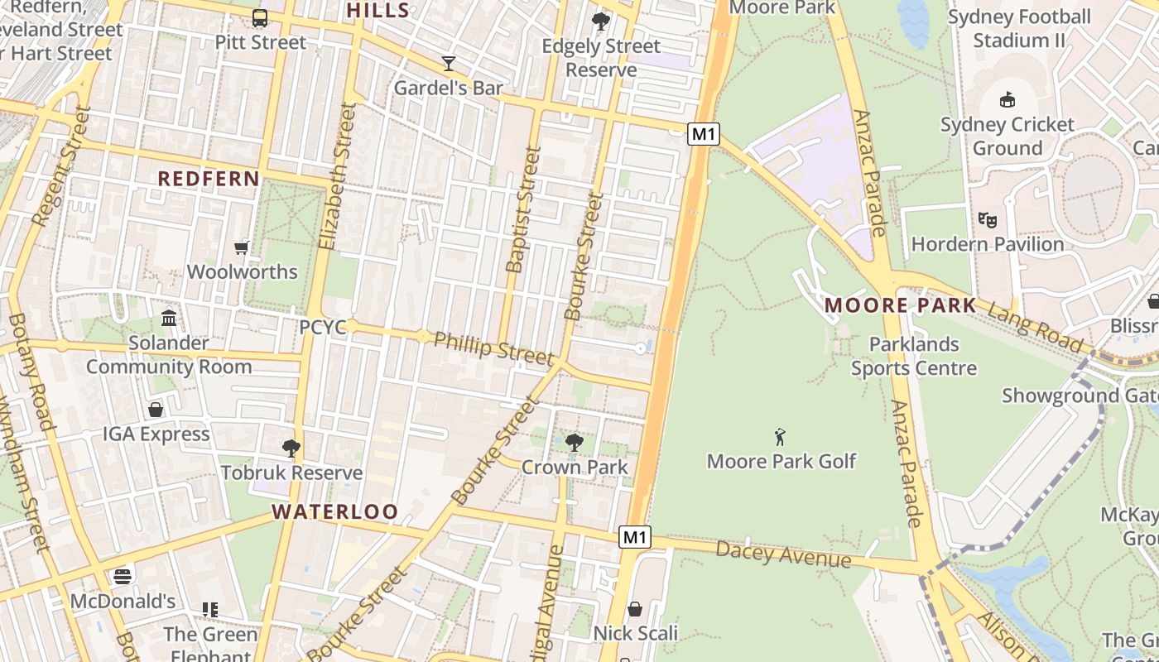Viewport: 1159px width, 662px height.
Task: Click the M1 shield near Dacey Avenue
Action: point(634,537)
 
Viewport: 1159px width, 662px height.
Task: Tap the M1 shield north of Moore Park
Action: point(703,134)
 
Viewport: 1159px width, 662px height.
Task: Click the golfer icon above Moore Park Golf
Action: point(780,437)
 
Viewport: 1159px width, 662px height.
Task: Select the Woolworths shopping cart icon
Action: point(242,247)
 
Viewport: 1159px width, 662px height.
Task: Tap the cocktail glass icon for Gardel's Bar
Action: point(449,64)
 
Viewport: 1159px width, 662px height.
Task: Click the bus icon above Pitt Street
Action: point(260,18)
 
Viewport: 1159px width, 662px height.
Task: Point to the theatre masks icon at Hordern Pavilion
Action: point(987,220)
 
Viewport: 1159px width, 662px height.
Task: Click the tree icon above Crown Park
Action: point(574,443)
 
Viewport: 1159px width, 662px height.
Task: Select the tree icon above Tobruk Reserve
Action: point(291,449)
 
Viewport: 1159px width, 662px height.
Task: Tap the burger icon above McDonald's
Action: point(123,577)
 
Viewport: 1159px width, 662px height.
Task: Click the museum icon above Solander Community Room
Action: point(169,318)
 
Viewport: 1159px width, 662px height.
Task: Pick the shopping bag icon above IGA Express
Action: point(156,410)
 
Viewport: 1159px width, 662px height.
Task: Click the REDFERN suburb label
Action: point(209,179)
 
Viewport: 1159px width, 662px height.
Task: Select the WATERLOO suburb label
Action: point(335,511)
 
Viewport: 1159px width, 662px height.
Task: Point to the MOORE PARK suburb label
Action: point(901,305)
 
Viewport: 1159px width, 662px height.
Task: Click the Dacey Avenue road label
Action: point(783,554)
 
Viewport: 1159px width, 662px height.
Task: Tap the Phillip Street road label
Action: point(493,348)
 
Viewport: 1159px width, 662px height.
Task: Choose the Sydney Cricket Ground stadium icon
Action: point(1007,100)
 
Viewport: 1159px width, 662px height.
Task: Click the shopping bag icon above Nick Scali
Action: point(635,609)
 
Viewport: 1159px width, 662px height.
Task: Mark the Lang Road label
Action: point(1035,326)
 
